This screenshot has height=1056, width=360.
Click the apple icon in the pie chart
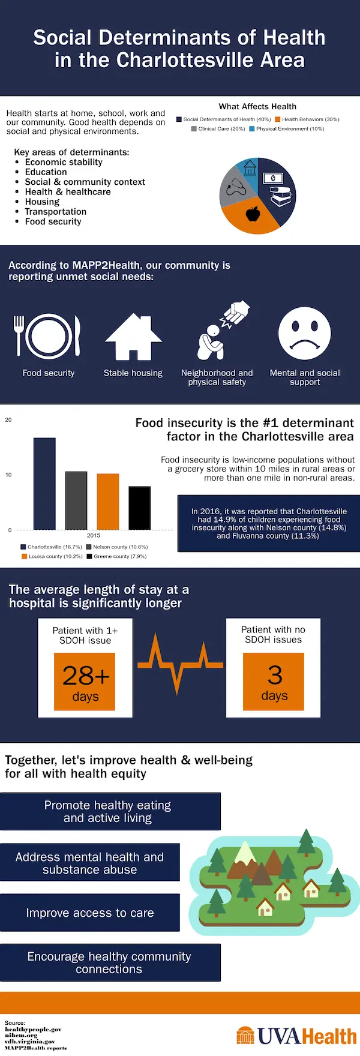click(x=253, y=213)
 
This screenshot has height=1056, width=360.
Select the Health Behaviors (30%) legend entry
click(x=307, y=119)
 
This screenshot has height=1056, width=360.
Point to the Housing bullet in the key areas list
click(x=42, y=202)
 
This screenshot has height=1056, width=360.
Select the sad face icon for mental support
click(x=304, y=334)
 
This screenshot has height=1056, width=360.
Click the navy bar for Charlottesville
click(x=44, y=484)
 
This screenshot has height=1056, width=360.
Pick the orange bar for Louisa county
click(x=108, y=502)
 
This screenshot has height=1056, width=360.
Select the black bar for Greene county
click(x=140, y=508)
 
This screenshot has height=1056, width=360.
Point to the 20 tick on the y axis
click(x=8, y=420)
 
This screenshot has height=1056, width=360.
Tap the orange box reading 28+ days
click(x=85, y=682)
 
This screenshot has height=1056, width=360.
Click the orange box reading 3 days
click(x=274, y=681)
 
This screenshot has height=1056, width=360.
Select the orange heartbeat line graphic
click(x=179, y=663)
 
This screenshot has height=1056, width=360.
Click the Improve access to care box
click(x=90, y=913)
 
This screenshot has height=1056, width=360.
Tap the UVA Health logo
click(x=296, y=1036)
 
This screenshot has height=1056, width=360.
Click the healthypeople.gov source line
click(x=33, y=1030)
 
